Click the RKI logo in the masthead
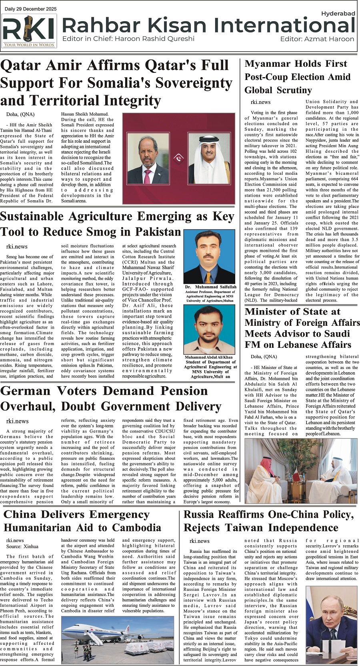29,31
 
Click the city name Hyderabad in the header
338,13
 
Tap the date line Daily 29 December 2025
31,9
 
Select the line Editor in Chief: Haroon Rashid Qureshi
128,39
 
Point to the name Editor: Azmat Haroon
317,39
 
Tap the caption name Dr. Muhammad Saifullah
211,287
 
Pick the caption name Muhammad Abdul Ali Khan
208,357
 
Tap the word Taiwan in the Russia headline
240,528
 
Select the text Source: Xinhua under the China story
22,546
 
